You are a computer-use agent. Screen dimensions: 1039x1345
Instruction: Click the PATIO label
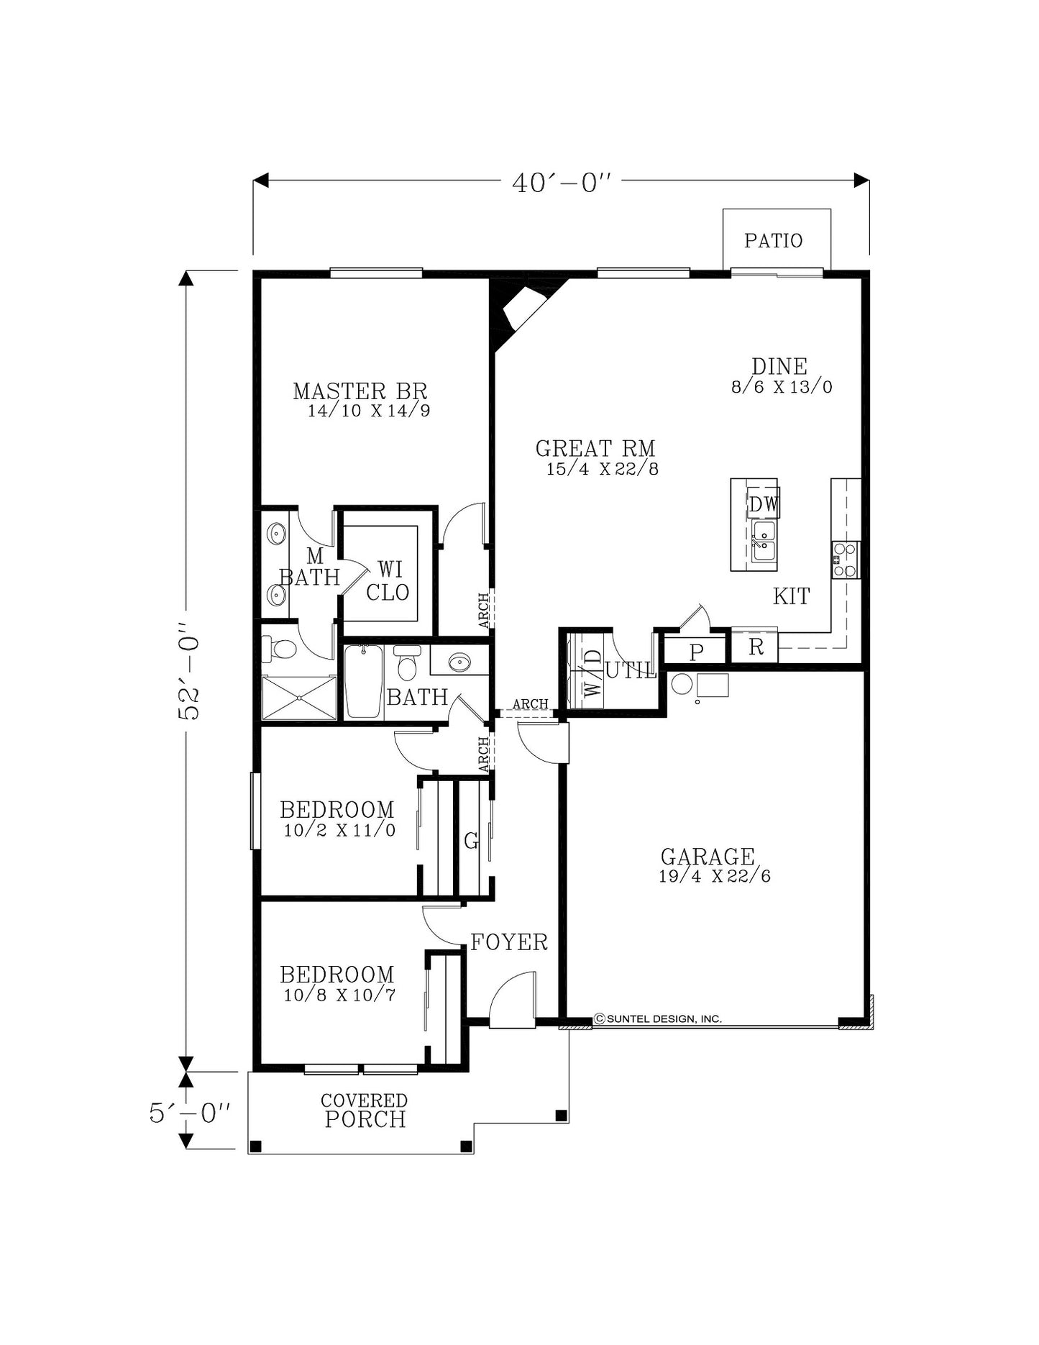point(773,240)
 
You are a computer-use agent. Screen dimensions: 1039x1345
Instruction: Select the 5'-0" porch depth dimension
point(189,1113)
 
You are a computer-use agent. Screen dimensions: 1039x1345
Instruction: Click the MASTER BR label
point(360,391)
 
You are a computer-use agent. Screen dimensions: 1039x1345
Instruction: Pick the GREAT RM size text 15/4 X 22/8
point(603,469)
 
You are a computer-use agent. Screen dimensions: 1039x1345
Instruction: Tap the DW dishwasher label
point(764,504)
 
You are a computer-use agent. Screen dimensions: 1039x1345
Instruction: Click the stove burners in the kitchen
point(846,560)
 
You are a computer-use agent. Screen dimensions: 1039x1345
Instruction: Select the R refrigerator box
point(754,647)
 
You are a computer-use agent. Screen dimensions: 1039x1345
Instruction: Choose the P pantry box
point(695,651)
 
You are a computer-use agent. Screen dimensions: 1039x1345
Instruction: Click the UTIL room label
point(631,670)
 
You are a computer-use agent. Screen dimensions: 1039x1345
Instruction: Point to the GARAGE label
point(708,857)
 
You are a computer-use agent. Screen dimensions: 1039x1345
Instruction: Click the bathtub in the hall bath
point(363,681)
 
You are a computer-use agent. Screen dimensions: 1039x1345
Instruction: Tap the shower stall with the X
point(299,697)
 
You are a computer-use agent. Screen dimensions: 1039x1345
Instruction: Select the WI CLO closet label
point(388,581)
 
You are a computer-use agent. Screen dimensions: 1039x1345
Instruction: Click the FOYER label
point(509,942)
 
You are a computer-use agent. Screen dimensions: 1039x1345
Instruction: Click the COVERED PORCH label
point(365,1111)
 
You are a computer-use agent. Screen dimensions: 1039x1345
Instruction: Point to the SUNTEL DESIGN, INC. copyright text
point(657,1018)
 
